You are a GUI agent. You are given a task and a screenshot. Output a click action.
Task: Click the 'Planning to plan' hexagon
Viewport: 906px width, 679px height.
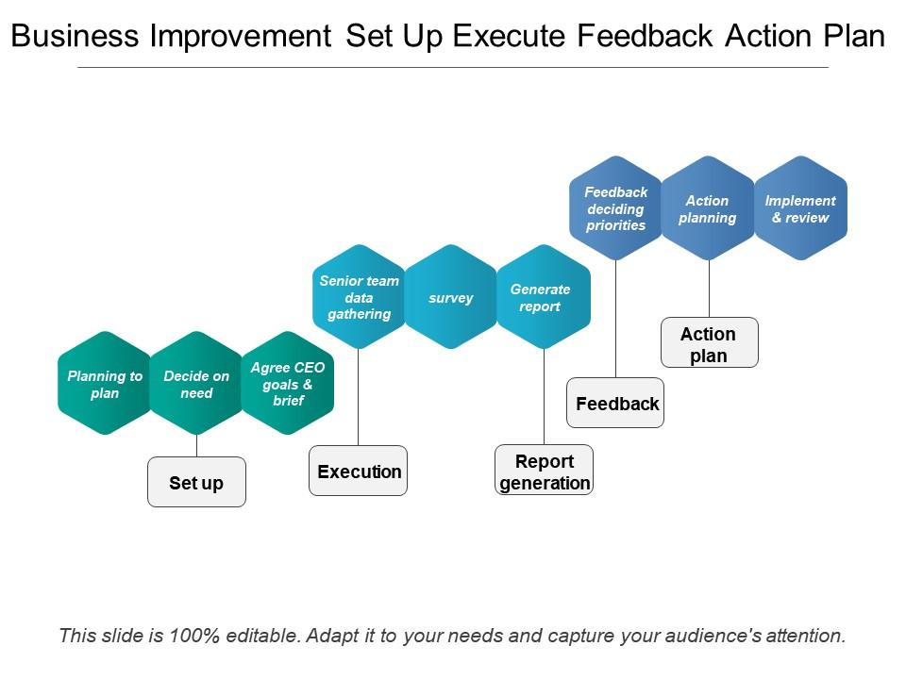[x=105, y=384]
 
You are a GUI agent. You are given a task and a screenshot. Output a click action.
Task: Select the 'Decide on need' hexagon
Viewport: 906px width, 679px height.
[x=196, y=384]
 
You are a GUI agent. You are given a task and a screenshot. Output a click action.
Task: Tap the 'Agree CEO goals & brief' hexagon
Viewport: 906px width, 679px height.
[x=288, y=384]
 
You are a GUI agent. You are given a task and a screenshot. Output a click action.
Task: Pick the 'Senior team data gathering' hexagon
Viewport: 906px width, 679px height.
[x=359, y=297]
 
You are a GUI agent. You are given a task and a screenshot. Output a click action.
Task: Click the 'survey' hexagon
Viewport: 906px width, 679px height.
[x=451, y=297]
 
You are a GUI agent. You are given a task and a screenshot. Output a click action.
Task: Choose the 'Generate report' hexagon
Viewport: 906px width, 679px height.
[x=544, y=297]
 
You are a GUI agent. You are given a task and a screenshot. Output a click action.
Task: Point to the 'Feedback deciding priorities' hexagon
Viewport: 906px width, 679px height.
[x=616, y=207]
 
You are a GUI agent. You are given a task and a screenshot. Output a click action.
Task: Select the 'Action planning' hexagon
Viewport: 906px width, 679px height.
[x=708, y=207]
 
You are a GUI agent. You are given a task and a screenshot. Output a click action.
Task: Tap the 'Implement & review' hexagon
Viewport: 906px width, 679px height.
[x=801, y=207]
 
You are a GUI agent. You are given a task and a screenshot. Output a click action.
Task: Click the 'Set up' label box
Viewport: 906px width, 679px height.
[x=196, y=482]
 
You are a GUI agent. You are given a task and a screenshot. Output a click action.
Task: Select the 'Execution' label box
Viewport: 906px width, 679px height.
[x=359, y=471]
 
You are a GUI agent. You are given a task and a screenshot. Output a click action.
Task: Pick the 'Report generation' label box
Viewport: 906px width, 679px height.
[x=545, y=470]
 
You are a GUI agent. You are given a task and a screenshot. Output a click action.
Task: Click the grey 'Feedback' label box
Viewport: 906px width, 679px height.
[x=615, y=403]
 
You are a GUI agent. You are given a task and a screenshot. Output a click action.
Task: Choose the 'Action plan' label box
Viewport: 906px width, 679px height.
[x=710, y=342]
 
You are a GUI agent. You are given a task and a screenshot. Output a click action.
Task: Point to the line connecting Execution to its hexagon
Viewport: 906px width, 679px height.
[x=359, y=397]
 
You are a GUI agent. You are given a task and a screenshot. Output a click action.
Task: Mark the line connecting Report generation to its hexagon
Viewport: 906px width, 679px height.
[x=545, y=397]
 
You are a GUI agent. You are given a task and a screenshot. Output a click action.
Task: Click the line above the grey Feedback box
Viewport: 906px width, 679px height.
[x=616, y=319]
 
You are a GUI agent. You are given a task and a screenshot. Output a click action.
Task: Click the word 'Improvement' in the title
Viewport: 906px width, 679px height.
[x=241, y=36]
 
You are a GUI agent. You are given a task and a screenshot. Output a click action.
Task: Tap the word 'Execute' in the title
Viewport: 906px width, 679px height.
[x=509, y=36]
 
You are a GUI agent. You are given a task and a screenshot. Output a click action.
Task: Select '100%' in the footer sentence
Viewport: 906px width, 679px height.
[x=194, y=635]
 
